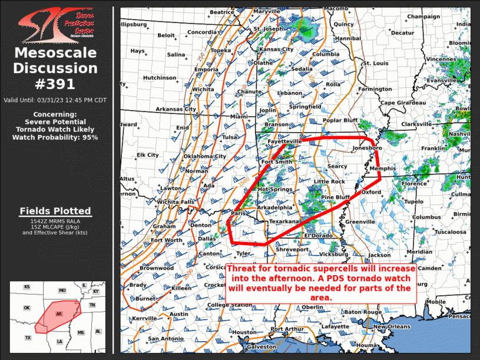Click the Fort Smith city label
(x=276, y=161)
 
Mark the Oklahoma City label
(x=204, y=156)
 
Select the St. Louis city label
(x=375, y=63)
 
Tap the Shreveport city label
(x=292, y=250)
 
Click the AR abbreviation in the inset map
(x=58, y=314)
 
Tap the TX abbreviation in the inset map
(x=28, y=338)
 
